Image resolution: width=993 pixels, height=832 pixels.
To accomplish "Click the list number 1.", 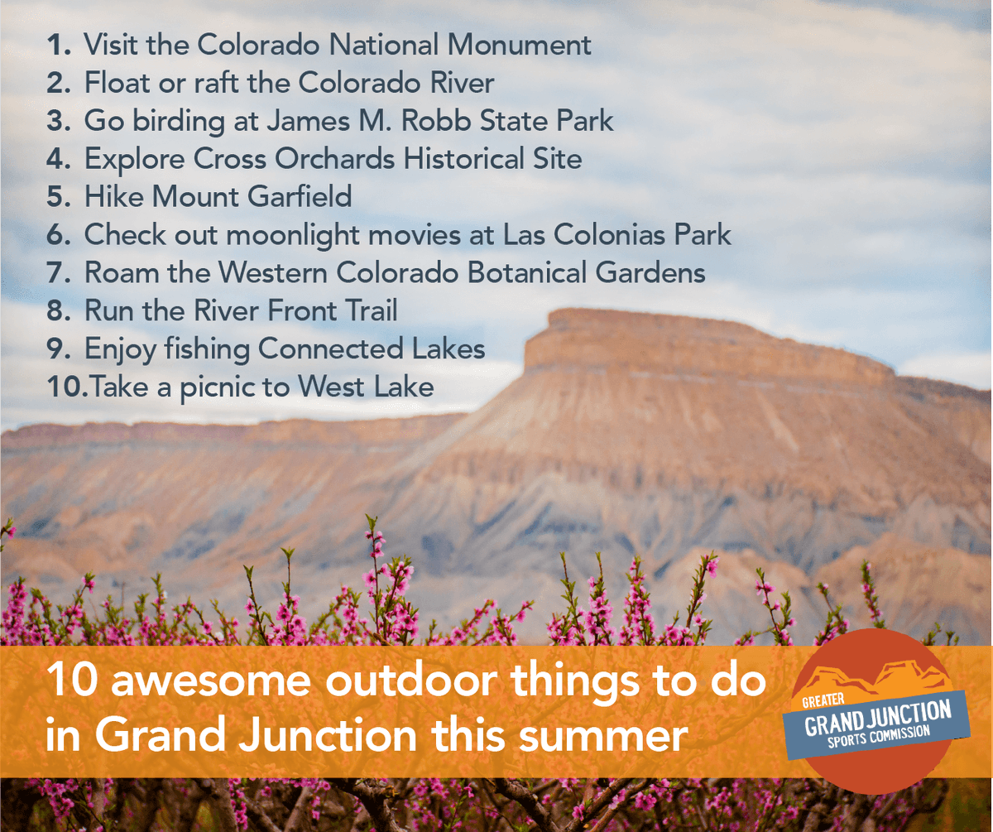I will point(58,45).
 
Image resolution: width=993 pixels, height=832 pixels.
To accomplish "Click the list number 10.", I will point(63,387).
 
